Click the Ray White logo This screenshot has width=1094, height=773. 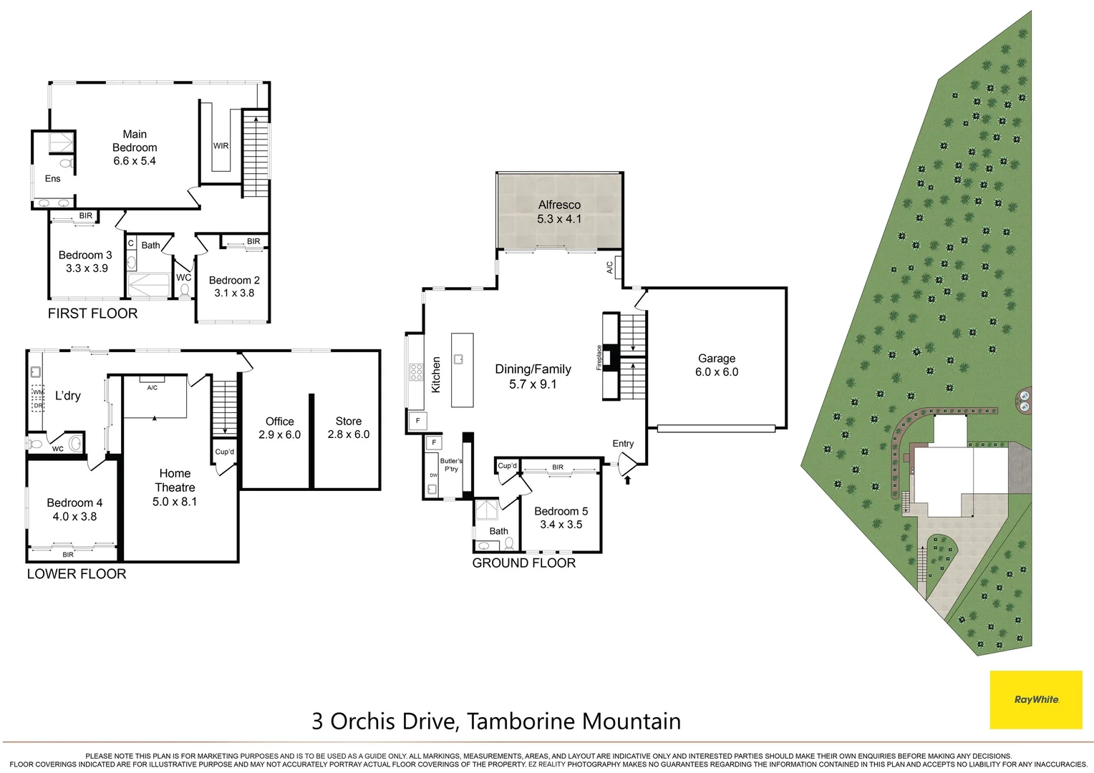[1035, 699]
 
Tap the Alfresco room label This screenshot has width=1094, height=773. [559, 205]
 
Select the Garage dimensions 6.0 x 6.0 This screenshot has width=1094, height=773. [716, 372]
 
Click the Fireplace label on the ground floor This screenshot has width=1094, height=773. [599, 358]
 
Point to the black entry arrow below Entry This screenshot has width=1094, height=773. [628, 480]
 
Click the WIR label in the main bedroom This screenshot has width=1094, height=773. [221, 146]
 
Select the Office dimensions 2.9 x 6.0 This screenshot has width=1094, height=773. [279, 434]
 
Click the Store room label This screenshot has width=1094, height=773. [349, 421]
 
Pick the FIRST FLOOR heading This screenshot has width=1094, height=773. [92, 313]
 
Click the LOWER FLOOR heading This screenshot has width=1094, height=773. [77, 574]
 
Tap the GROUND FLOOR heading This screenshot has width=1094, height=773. [523, 563]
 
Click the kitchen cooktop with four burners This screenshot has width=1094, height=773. [416, 372]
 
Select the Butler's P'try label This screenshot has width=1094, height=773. [451, 465]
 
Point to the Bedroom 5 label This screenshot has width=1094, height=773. [561, 511]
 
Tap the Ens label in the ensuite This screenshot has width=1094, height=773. [53, 178]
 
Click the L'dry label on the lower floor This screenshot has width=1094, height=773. [68, 396]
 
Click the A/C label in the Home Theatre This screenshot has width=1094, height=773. [153, 388]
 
